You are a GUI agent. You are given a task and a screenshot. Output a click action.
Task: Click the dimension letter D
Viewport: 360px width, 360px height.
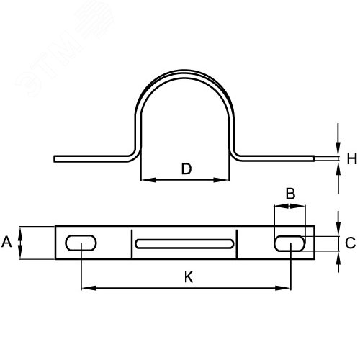(x=186, y=168)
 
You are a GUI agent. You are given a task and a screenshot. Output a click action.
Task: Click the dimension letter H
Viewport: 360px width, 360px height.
(x=352, y=158)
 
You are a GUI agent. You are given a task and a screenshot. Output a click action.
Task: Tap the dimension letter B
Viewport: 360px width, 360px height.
(x=290, y=194)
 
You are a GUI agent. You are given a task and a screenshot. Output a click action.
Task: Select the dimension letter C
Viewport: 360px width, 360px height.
(x=351, y=243)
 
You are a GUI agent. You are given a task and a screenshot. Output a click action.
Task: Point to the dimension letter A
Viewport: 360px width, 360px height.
(x=6, y=242)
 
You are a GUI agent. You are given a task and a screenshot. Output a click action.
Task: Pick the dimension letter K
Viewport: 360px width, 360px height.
(x=189, y=277)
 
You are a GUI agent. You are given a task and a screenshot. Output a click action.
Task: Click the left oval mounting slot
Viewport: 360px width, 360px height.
(x=81, y=243)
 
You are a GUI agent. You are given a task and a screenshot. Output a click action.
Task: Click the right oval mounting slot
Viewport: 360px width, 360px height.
(x=289, y=243)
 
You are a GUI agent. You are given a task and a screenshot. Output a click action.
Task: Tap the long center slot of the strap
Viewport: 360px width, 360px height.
(x=184, y=243)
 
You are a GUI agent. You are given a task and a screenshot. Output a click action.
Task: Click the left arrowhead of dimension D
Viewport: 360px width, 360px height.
(x=148, y=180)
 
